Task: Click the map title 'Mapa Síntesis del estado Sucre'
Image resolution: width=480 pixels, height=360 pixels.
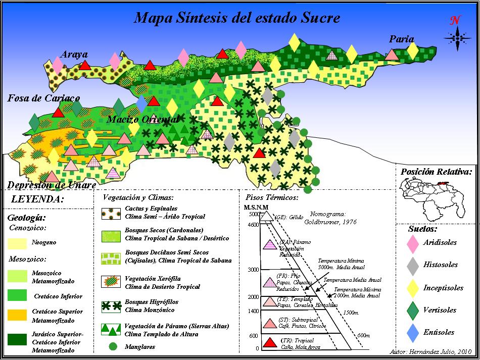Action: point(237,18)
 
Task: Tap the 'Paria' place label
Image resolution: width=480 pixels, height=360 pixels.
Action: point(402,39)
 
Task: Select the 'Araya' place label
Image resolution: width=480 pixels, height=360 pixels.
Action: point(74,54)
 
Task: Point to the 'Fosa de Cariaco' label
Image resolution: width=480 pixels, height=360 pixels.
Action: point(43,98)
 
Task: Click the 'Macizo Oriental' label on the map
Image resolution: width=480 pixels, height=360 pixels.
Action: point(142,120)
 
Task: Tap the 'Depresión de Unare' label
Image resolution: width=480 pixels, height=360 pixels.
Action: point(52,185)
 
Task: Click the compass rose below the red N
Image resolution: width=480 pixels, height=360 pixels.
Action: point(457,38)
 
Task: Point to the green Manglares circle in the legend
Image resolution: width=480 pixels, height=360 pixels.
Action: point(114,347)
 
